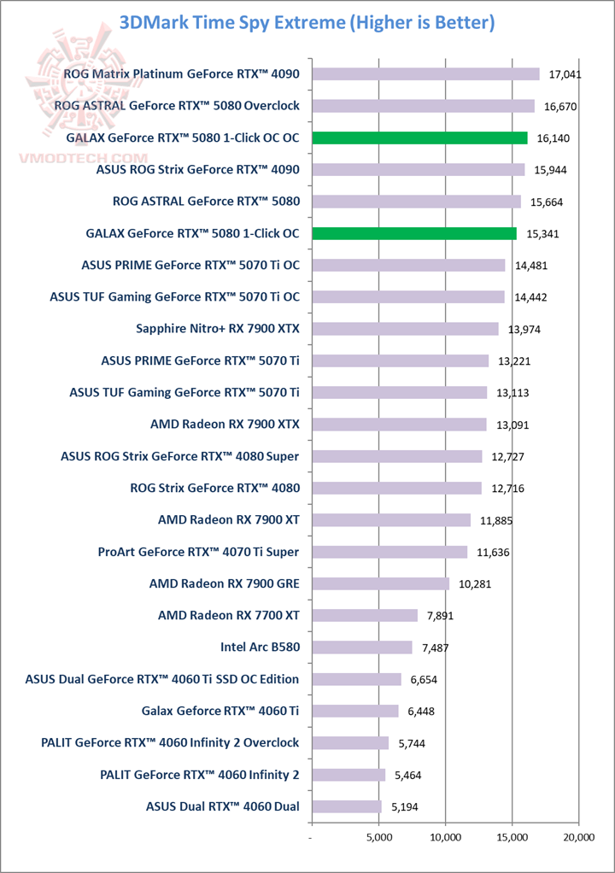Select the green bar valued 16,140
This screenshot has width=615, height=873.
(419, 138)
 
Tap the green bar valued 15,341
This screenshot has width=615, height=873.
(414, 233)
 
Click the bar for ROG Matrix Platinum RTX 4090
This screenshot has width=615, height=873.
(425, 74)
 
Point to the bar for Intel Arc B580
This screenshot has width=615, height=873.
(362, 647)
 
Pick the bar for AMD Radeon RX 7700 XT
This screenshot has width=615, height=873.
(365, 615)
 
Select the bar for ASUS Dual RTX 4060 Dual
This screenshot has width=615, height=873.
(347, 806)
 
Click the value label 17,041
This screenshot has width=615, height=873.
(565, 74)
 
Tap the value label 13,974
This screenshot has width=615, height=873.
(524, 329)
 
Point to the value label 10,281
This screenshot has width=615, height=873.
(476, 583)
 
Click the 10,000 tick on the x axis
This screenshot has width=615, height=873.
(445, 839)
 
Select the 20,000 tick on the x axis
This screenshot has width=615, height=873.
(578, 839)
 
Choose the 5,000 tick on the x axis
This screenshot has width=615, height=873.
(379, 839)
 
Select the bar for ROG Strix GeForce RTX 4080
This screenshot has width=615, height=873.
(396, 488)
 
